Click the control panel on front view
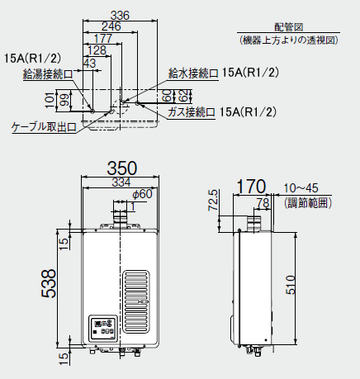(102, 329)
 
